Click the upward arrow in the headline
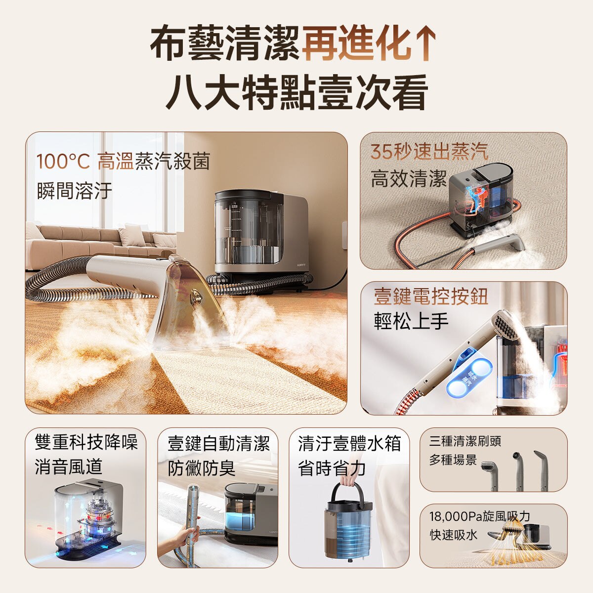424,44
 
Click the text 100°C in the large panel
63,162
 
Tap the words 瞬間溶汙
75,191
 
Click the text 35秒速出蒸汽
429,151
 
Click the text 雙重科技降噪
86,442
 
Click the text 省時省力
332,468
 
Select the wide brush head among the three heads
489,467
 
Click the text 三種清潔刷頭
465,441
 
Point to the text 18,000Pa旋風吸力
479,516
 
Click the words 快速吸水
454,535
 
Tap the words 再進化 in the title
355,44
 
